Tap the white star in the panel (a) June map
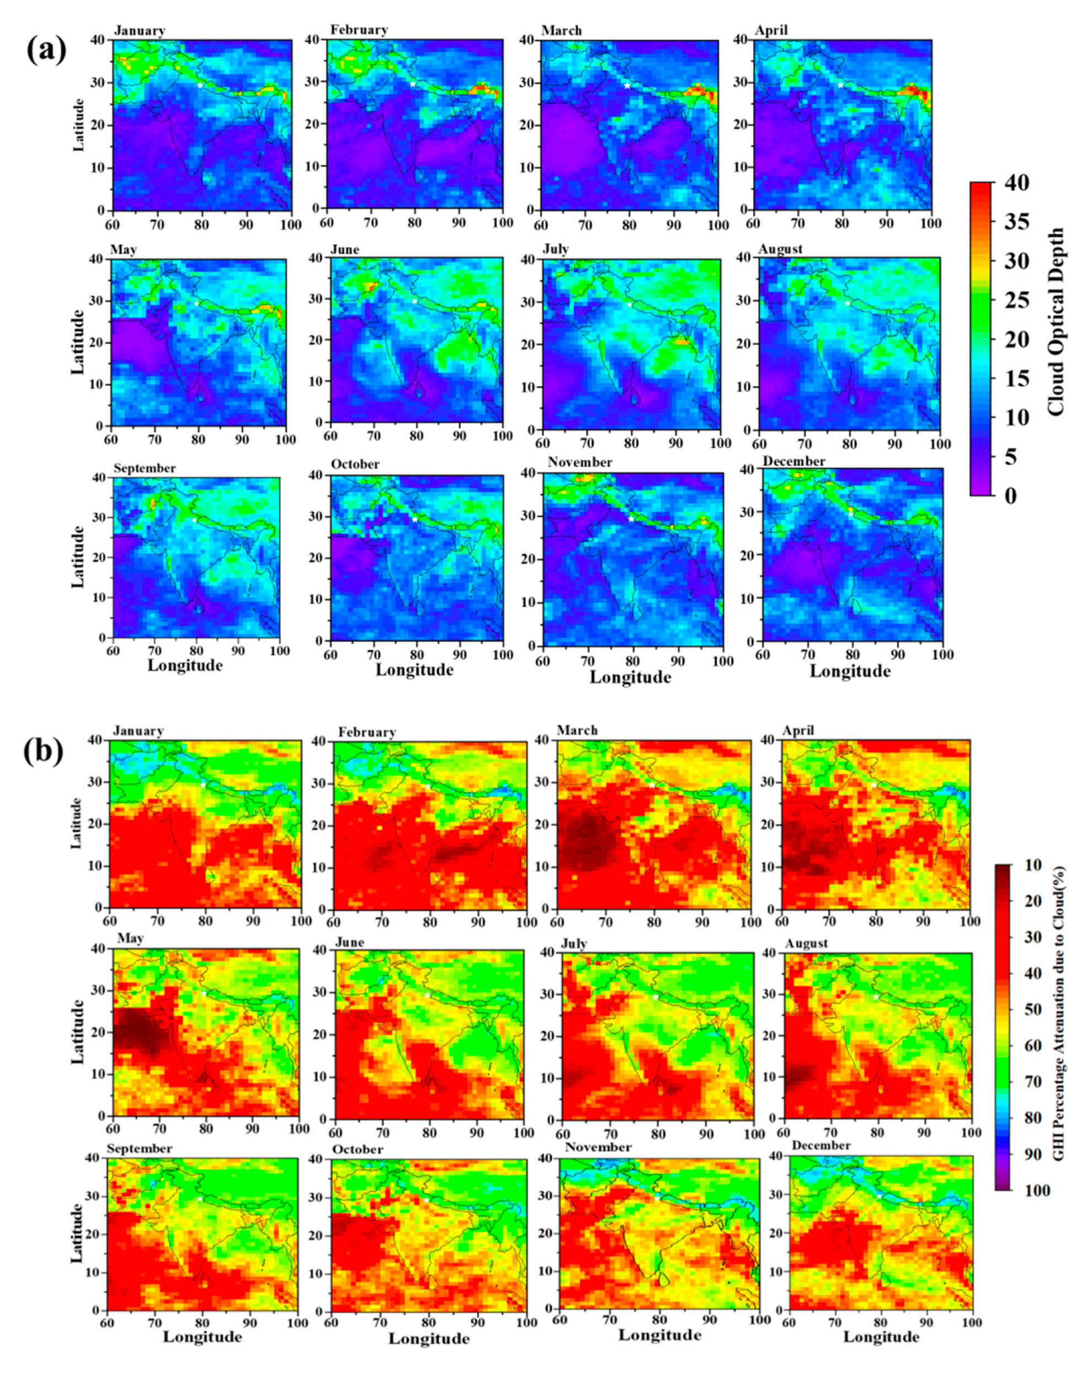coord(415,301)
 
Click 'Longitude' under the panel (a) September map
coord(185,665)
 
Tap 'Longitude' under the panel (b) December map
coord(881,1336)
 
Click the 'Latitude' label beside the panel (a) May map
coord(78,342)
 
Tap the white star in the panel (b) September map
coord(200,1199)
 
